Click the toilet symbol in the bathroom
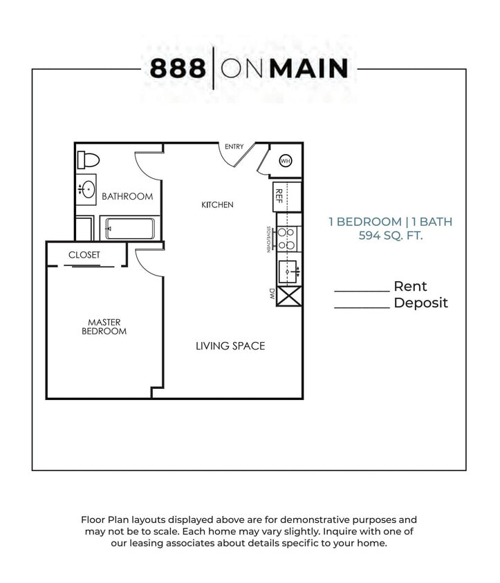[88, 160]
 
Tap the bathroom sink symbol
[87, 189]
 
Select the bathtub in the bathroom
[129, 227]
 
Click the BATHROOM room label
[127, 196]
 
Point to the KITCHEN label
[217, 204]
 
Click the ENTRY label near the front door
[234, 146]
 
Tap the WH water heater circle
[285, 161]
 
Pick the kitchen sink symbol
[288, 272]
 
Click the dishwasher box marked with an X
[288, 296]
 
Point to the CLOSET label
[84, 255]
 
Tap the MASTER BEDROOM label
[104, 327]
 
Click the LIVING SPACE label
[230, 346]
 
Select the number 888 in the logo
[178, 68]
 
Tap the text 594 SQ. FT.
[390, 236]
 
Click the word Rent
[410, 286]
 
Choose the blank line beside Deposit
[362, 307]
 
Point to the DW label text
[272, 294]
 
